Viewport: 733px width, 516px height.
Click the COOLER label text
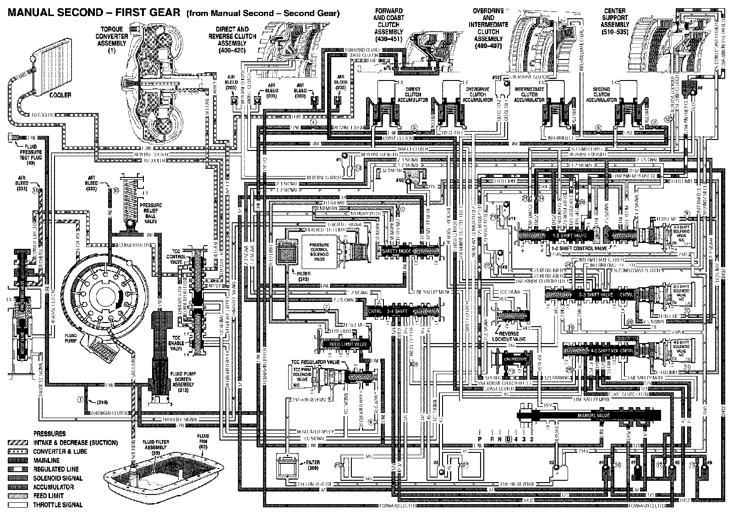tap(60, 95)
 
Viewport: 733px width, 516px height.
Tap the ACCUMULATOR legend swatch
tap(17, 487)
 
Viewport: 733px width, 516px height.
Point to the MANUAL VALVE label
tap(590, 415)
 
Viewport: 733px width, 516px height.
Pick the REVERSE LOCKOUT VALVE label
tap(509, 336)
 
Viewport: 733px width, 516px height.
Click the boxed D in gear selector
tap(508, 439)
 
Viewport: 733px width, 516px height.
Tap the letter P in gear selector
tap(480, 439)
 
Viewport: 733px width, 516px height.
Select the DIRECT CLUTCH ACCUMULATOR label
tap(416, 95)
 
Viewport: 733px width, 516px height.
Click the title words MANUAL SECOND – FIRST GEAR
tap(92, 13)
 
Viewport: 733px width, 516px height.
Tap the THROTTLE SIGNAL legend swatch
tap(17, 505)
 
